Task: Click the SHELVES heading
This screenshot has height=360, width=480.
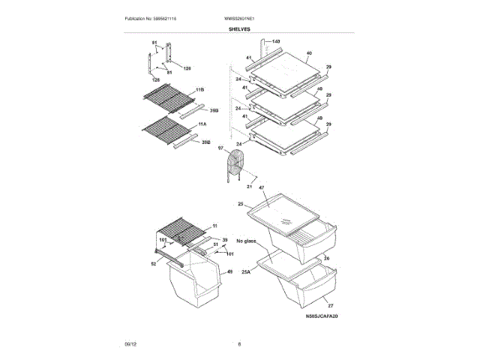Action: (x=240, y=28)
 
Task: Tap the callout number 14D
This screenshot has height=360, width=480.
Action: (x=275, y=40)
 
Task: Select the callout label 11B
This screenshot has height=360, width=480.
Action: (x=200, y=90)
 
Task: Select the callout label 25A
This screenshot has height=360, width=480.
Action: (x=246, y=273)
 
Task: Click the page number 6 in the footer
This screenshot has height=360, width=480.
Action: (x=239, y=344)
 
